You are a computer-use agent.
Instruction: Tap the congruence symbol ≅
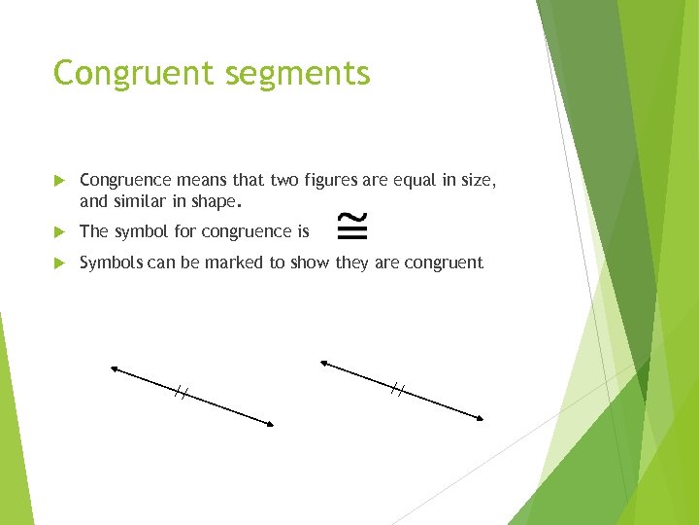[x=351, y=227]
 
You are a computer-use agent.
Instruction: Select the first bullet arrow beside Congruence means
[x=59, y=180]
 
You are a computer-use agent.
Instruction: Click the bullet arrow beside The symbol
[x=59, y=231]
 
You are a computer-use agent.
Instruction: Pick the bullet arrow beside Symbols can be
[x=59, y=262]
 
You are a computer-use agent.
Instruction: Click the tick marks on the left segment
[x=181, y=393]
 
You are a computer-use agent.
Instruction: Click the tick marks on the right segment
[x=397, y=390]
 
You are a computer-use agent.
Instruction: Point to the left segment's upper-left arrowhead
[x=115, y=368]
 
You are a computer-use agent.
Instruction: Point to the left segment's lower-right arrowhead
[x=270, y=423]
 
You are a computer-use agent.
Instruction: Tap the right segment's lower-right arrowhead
[x=479, y=418]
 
